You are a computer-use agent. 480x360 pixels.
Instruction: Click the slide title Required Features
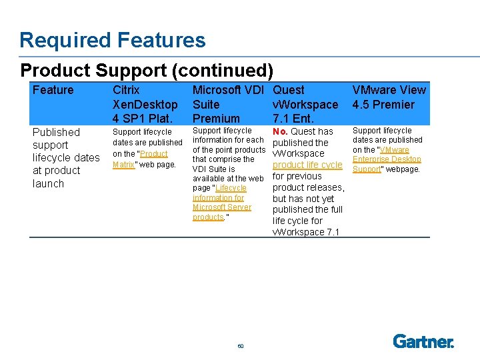113,41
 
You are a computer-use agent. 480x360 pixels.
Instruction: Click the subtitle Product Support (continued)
147,70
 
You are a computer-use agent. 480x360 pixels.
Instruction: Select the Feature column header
53,90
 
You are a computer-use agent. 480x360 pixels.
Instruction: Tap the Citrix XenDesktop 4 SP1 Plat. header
145,104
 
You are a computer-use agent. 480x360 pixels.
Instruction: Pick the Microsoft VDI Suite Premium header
228,104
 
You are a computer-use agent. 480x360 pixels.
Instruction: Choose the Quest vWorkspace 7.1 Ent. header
305,104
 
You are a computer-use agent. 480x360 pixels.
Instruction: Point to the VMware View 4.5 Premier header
389,97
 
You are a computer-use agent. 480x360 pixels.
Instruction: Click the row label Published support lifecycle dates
66,157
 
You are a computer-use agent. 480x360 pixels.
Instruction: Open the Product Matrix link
140,159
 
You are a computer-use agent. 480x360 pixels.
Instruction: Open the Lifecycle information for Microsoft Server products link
221,202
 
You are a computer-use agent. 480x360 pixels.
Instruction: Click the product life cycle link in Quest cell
307,165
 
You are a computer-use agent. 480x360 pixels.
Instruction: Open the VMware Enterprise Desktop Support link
387,159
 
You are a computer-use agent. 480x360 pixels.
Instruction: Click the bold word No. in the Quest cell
281,131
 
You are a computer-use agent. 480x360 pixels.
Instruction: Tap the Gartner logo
423,341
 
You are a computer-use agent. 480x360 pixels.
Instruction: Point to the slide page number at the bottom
240,346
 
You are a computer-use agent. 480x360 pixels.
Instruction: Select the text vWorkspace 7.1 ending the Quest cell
306,232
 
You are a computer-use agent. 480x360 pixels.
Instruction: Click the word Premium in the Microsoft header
216,119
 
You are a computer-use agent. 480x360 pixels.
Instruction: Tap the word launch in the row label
48,183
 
